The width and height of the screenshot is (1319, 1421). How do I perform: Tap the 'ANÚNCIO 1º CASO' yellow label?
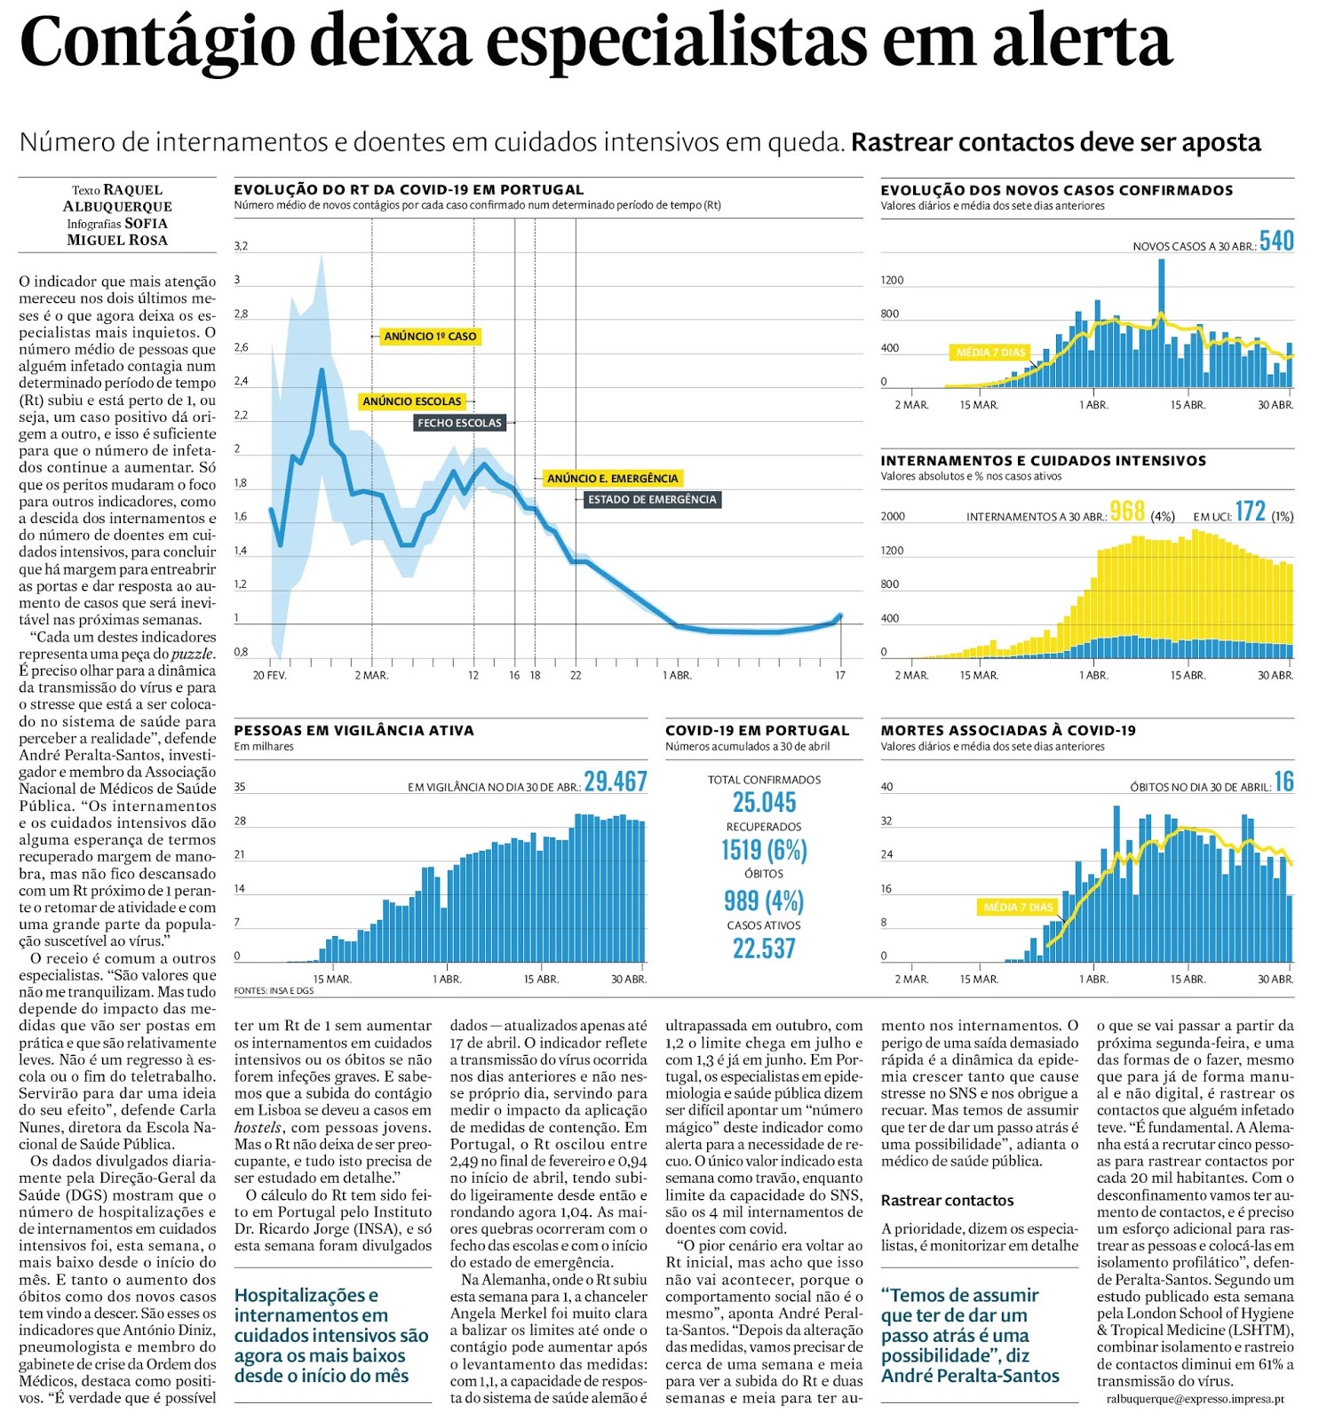point(430,337)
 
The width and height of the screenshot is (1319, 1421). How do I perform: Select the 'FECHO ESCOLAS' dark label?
point(459,423)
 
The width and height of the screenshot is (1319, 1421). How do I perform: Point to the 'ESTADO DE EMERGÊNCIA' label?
point(652,499)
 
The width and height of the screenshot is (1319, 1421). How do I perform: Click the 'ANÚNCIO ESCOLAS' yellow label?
point(411,401)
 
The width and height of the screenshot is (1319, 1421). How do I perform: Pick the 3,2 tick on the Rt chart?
point(241,246)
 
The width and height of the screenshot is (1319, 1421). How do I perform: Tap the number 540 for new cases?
point(1276,242)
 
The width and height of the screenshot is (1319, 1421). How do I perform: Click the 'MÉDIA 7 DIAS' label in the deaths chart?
point(1018,907)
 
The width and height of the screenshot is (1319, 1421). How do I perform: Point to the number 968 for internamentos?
point(1127,512)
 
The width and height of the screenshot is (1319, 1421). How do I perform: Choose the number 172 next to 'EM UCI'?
point(1250,512)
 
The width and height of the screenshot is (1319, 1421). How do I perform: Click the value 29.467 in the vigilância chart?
point(615,782)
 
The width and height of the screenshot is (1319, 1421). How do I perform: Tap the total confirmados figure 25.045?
point(764,803)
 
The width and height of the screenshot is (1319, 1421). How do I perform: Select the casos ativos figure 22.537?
point(764,949)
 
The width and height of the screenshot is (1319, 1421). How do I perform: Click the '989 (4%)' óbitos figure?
point(764,901)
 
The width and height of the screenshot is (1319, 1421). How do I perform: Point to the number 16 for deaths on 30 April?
point(1283,782)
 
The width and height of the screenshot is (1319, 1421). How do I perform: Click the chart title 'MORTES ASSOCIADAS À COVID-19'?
point(1008,730)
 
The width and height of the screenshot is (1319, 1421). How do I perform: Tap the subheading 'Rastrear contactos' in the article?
point(947,1201)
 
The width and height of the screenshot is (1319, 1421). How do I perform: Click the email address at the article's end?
point(1195,1399)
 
